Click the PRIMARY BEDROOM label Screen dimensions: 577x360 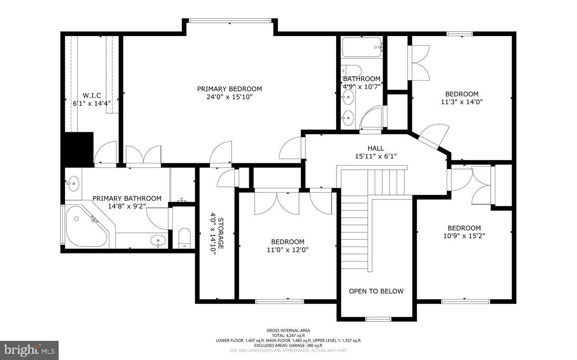tap(229, 89)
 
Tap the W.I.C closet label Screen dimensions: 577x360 tap(92, 96)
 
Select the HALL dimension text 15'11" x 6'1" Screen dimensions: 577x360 tap(376, 156)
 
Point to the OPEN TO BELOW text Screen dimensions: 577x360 tap(376, 291)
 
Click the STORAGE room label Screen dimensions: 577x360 tap(220, 233)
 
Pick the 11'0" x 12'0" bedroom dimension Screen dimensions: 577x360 tap(288, 250)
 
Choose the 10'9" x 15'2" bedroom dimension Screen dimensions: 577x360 tap(464, 236)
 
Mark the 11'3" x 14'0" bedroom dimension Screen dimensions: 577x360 tap(462, 102)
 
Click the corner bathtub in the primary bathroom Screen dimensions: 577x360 tap(86, 226)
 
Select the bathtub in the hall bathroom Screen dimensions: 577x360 tap(362, 47)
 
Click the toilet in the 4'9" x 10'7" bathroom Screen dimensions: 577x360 tap(352, 70)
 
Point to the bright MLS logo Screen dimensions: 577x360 tap(29, 350)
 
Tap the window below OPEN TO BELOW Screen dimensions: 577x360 tap(378, 319)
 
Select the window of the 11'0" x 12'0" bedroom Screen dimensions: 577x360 tap(280, 301)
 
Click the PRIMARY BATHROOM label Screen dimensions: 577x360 tap(127, 199)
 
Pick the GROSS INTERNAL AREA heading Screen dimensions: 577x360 tap(288, 331)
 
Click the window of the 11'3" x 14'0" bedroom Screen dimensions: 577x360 tap(460, 34)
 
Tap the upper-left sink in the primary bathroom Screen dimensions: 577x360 tap(74, 184)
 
